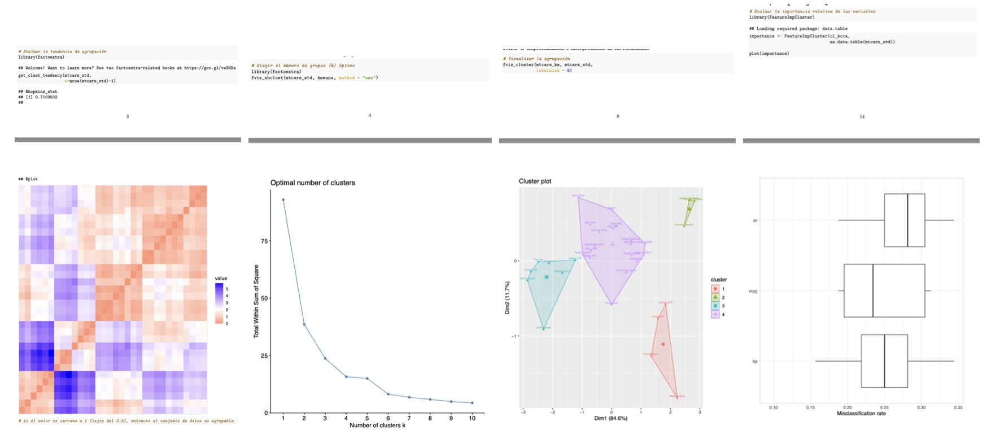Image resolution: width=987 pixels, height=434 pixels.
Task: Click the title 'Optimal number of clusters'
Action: [x=312, y=183]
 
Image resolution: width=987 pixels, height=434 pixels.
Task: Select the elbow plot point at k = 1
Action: [x=283, y=199]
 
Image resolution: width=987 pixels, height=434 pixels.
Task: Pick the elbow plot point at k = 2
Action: [x=304, y=324]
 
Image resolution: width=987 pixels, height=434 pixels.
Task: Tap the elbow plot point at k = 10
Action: [x=472, y=403]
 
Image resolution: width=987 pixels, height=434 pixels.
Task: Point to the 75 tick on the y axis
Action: [x=264, y=241]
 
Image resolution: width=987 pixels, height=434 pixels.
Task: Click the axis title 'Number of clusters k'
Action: [x=377, y=425]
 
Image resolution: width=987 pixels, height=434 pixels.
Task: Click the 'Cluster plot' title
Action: [x=535, y=181]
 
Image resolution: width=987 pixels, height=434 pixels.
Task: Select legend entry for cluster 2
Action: [x=716, y=297]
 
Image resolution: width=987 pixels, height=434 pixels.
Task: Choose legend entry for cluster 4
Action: [x=716, y=314]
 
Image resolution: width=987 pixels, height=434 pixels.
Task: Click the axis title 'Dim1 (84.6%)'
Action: [x=610, y=418]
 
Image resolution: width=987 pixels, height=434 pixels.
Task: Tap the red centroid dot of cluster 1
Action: [x=663, y=344]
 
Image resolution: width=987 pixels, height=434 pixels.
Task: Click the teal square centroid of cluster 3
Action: [x=547, y=277]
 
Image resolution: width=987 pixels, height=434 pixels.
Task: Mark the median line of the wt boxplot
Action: [x=907, y=220]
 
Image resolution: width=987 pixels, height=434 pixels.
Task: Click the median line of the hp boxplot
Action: [x=884, y=361]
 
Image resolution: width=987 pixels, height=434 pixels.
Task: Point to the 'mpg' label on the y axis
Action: [x=753, y=291]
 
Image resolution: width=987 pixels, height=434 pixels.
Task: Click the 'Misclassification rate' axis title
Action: [x=861, y=414]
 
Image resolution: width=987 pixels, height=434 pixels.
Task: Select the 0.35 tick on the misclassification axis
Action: [x=958, y=407]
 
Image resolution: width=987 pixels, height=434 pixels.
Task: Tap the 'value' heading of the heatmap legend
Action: [x=221, y=279]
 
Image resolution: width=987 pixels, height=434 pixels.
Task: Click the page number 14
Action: [x=862, y=116]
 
